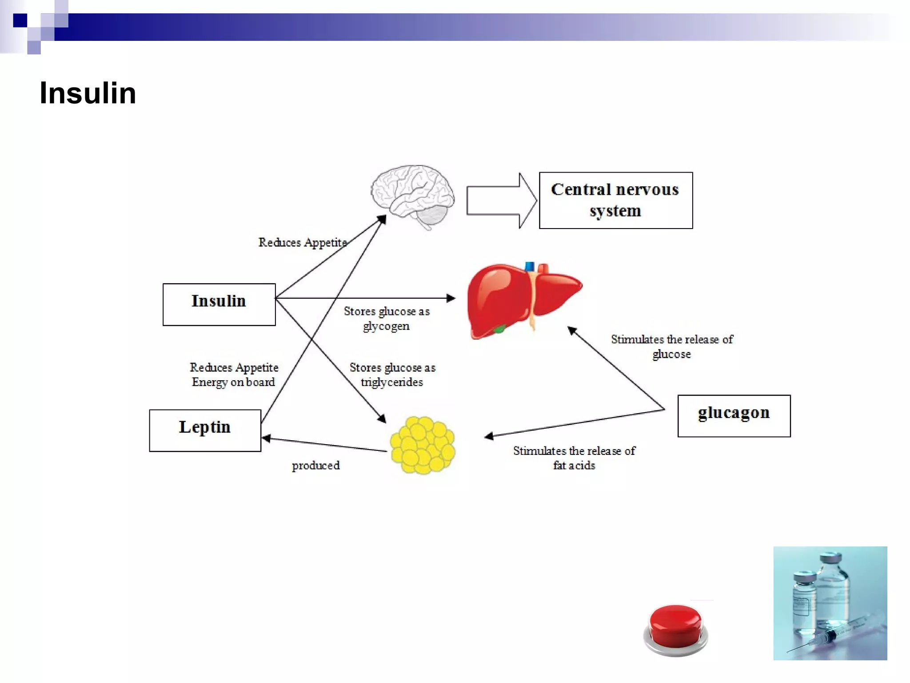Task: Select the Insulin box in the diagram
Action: point(219,305)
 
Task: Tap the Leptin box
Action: point(205,430)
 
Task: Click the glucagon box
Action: point(734,416)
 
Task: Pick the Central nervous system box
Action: point(615,200)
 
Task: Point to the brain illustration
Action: point(412,196)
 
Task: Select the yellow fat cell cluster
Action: point(423,445)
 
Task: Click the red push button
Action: point(675,628)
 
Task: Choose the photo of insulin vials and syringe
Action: point(830,603)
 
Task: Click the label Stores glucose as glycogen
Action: point(387,318)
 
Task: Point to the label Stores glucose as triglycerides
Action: point(392,374)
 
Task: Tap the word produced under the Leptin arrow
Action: point(315,466)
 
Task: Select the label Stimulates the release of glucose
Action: point(671,346)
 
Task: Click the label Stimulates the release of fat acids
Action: point(574,458)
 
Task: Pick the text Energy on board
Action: point(233,382)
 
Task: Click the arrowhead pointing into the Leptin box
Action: point(267,438)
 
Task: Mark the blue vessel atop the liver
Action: point(529,266)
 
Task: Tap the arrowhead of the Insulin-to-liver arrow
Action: point(451,298)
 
